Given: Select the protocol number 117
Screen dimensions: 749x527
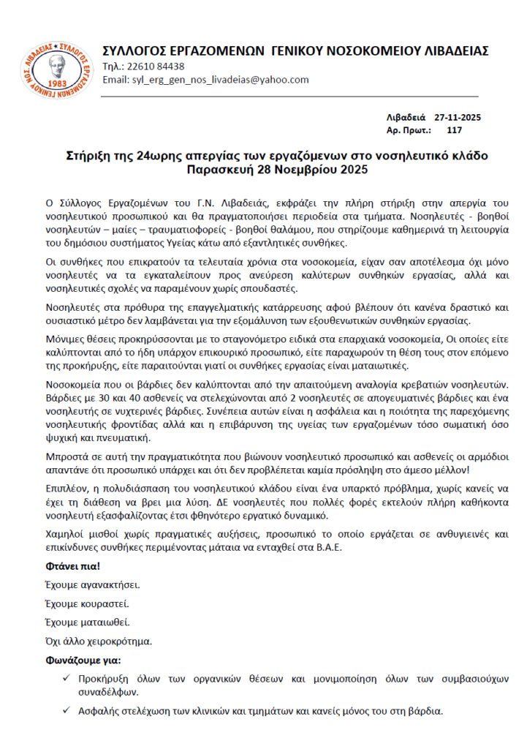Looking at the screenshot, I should click(454, 130).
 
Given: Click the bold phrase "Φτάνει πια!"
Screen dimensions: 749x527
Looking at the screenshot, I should click(72, 565).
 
